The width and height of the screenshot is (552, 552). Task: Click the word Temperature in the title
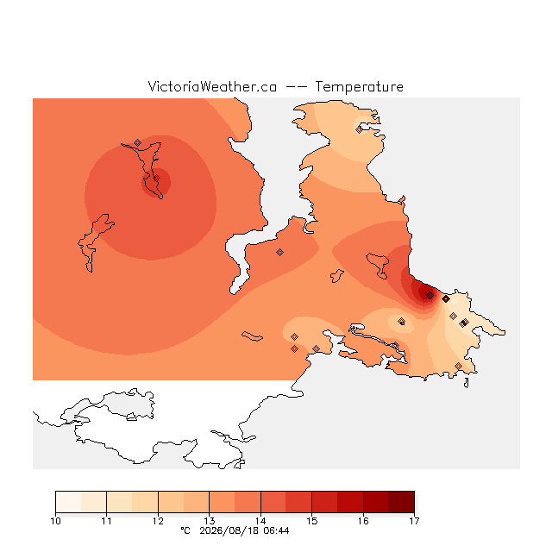(359, 86)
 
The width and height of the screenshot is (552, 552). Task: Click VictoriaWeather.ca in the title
(212, 86)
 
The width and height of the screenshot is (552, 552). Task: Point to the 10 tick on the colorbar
(55, 521)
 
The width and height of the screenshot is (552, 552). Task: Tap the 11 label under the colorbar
(107, 521)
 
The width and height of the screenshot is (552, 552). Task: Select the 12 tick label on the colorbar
(158, 521)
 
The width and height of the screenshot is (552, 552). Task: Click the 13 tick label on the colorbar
(209, 521)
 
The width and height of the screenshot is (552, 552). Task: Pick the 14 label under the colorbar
(260, 521)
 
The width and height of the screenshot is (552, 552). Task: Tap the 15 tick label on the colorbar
(312, 521)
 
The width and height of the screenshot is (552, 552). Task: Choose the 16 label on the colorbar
(363, 521)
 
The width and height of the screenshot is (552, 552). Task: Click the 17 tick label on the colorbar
(414, 521)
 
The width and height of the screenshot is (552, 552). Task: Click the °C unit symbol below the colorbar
(185, 530)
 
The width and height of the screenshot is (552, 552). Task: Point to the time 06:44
(276, 530)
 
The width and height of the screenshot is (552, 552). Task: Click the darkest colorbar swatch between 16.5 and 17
(402, 502)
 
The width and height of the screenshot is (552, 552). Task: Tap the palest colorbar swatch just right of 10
(68, 502)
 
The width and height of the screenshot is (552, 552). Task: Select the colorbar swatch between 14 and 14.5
(273, 502)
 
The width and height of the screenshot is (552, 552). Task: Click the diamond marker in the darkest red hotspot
(430, 295)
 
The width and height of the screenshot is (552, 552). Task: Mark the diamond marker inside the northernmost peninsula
(359, 130)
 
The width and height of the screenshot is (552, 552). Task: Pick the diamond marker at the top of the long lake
(138, 142)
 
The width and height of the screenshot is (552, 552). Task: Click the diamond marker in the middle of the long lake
(157, 179)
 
